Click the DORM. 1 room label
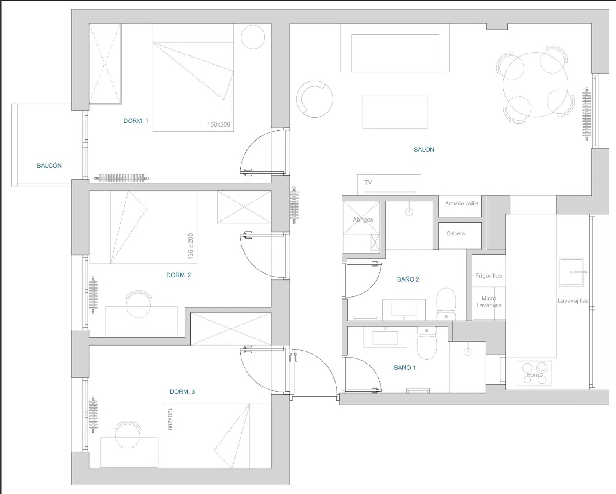tap(136, 121)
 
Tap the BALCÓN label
tap(49, 165)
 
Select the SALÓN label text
tap(424, 149)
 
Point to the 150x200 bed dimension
tap(219, 125)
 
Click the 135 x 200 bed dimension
tap(191, 247)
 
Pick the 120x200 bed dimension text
tap(170, 419)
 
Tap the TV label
tap(368, 182)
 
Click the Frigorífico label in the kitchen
tap(489, 276)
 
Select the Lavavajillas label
tap(573, 301)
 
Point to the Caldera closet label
tap(455, 233)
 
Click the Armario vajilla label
tap(462, 203)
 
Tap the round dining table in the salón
tap(536, 85)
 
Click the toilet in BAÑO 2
tap(446, 304)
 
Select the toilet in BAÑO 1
tap(427, 343)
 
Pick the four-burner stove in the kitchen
tap(534, 373)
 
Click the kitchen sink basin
tap(572, 272)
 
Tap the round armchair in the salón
tap(315, 99)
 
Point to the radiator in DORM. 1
tap(122, 178)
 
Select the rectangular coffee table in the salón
tap(395, 112)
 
